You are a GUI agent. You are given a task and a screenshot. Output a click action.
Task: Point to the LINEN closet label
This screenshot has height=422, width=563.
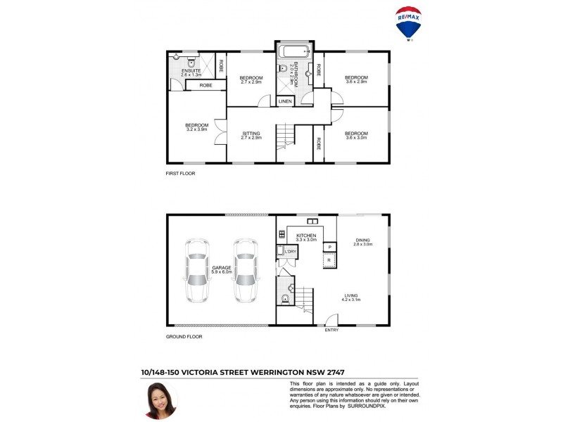[x=285, y=101]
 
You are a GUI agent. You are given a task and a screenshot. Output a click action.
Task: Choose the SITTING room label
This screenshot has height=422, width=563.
[x=251, y=133]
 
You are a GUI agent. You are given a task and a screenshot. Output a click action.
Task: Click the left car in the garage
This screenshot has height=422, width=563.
[x=196, y=270]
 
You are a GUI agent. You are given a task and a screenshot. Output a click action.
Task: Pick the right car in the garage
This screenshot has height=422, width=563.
[x=245, y=270]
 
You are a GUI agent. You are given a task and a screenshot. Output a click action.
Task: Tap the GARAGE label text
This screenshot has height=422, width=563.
[x=221, y=267]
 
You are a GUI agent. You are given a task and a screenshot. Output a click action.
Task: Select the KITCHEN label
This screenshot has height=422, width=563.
[x=306, y=236]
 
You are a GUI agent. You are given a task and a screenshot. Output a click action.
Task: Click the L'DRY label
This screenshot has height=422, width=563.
[x=290, y=252]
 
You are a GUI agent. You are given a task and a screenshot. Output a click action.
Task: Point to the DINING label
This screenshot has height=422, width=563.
[x=362, y=239]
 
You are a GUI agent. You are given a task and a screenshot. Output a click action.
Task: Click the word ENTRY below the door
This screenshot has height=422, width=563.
[x=331, y=330]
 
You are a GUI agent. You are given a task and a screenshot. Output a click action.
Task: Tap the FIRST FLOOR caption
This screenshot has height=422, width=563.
[x=181, y=173]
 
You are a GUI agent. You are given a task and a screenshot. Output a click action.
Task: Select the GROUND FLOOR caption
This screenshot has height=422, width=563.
[x=184, y=337]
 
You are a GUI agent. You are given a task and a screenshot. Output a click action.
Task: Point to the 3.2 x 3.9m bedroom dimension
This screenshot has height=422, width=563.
[x=197, y=129]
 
